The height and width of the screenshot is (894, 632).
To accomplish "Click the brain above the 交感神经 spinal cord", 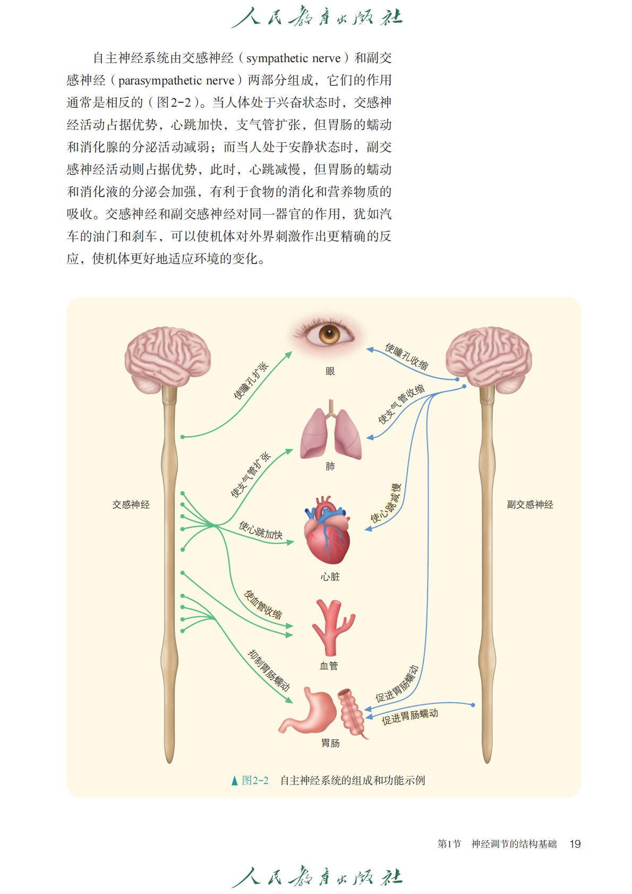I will (168, 359).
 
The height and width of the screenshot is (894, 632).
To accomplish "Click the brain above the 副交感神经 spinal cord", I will (488, 359).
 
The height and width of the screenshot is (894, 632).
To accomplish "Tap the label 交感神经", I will (131, 505).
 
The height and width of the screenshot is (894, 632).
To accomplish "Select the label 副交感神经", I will (529, 505).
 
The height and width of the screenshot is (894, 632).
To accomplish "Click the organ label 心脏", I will (330, 576).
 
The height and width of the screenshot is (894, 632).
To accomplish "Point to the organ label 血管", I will (329, 666).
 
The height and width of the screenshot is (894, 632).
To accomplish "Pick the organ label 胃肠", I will (330, 743).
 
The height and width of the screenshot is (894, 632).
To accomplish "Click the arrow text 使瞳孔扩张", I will (251, 380).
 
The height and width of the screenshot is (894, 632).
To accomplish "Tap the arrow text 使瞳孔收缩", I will (406, 356).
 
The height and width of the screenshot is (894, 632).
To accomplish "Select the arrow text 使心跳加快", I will (260, 530).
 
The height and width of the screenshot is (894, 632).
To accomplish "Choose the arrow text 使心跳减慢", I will (386, 504).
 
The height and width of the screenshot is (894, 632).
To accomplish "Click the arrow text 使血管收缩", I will (263, 604).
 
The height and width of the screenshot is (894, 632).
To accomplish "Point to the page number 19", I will (575, 844).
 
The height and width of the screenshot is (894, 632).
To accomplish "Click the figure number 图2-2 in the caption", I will (255, 780).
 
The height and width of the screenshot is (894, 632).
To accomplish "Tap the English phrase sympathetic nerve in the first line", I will (293, 58).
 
